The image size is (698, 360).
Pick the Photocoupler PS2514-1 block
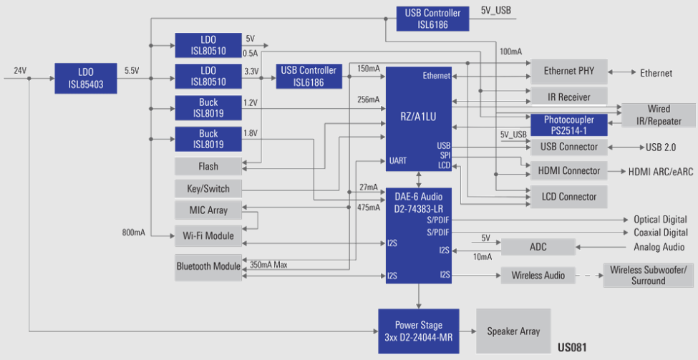tap(568, 125)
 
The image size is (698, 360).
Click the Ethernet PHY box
tap(568, 72)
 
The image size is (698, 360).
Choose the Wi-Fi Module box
tap(208, 235)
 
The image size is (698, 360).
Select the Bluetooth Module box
tap(208, 266)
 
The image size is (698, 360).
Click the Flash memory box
tap(208, 166)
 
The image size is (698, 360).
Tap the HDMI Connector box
tap(568, 171)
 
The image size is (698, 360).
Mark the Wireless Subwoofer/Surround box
tap(648, 276)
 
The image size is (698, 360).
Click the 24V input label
tap(19, 71)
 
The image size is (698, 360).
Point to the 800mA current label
tap(133, 233)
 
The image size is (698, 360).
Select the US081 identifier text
tap(572, 348)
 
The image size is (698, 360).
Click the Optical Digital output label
tap(660, 220)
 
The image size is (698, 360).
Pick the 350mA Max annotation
tap(268, 265)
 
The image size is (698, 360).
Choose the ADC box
tap(538, 247)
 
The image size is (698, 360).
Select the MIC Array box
tap(208, 210)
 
